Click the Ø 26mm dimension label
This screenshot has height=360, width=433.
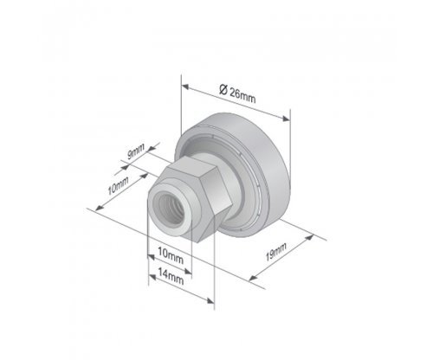[237, 93]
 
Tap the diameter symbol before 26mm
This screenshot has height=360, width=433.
[223, 89]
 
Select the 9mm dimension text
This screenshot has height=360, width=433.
[136, 151]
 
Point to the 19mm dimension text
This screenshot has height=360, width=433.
[276, 252]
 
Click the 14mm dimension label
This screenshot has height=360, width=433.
[171, 276]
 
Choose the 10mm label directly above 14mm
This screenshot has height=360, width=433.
[171, 255]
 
